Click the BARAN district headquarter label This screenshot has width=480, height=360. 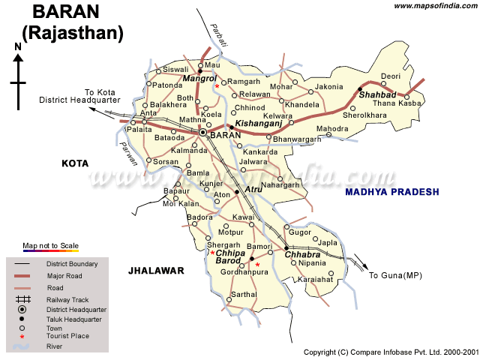(226, 135)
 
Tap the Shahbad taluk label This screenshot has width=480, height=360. (376, 95)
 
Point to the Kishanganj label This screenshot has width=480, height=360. (257, 122)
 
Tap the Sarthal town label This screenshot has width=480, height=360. (243, 295)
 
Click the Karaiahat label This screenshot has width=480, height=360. (314, 279)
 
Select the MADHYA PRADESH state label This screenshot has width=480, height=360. (391, 192)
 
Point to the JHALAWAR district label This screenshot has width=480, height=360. (156, 271)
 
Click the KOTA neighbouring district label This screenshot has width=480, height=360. (75, 163)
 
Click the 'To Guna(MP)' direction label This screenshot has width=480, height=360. (396, 276)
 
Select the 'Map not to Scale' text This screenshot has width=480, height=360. (50, 246)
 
